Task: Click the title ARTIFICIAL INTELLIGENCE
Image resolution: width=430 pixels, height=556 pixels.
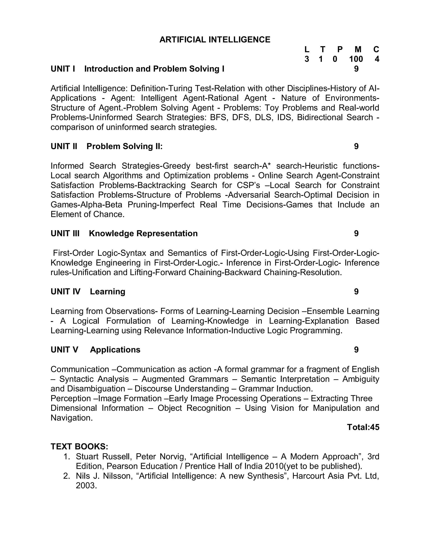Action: pyautogui.click(x=215, y=40)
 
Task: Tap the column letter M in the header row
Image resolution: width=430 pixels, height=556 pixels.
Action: pyautogui.click(x=358, y=49)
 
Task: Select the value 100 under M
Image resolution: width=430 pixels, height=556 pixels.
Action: pyautogui.click(x=356, y=59)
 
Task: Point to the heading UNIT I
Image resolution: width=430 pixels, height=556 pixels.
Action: pyautogui.click(x=63, y=69)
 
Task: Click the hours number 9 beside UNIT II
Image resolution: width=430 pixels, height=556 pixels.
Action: pyautogui.click(x=356, y=146)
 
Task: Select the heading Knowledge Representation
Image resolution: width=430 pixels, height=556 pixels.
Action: pyautogui.click(x=143, y=234)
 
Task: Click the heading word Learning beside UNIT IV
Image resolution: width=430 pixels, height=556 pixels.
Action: pyautogui.click(x=107, y=291)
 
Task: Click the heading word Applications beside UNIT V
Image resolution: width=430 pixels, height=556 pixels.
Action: pyautogui.click(x=115, y=350)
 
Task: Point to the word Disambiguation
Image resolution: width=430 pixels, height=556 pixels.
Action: pyautogui.click(x=96, y=389)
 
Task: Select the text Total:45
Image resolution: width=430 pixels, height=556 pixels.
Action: pyautogui.click(x=363, y=427)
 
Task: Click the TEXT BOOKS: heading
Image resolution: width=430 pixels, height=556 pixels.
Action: pyautogui.click(x=80, y=446)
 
